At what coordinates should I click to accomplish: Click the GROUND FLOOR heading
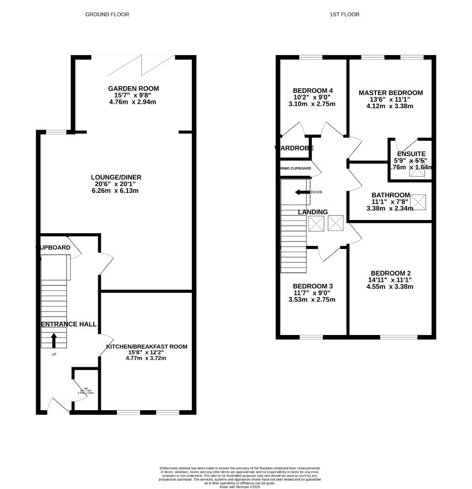point(107,14)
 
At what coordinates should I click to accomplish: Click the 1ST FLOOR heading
point(344,14)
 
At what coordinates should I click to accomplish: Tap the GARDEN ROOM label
point(133,89)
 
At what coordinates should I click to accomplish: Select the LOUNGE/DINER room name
point(116,177)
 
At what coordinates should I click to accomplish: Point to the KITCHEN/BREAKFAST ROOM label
point(146,346)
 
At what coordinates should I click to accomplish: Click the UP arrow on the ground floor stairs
point(54,340)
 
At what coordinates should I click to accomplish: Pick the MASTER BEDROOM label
point(390,93)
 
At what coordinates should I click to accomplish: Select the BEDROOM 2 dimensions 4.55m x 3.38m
point(390,287)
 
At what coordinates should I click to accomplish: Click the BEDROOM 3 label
point(313,286)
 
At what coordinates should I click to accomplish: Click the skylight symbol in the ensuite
point(416,171)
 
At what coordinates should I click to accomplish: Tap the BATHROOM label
point(390,195)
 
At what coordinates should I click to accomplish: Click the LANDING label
point(313,212)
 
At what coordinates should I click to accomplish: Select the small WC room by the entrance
point(85,391)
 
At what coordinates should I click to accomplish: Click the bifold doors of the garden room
point(142,65)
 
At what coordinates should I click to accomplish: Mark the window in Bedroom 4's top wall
point(311,57)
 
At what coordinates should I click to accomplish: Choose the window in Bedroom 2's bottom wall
point(399,337)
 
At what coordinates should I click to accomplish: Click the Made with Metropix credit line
point(240,487)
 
